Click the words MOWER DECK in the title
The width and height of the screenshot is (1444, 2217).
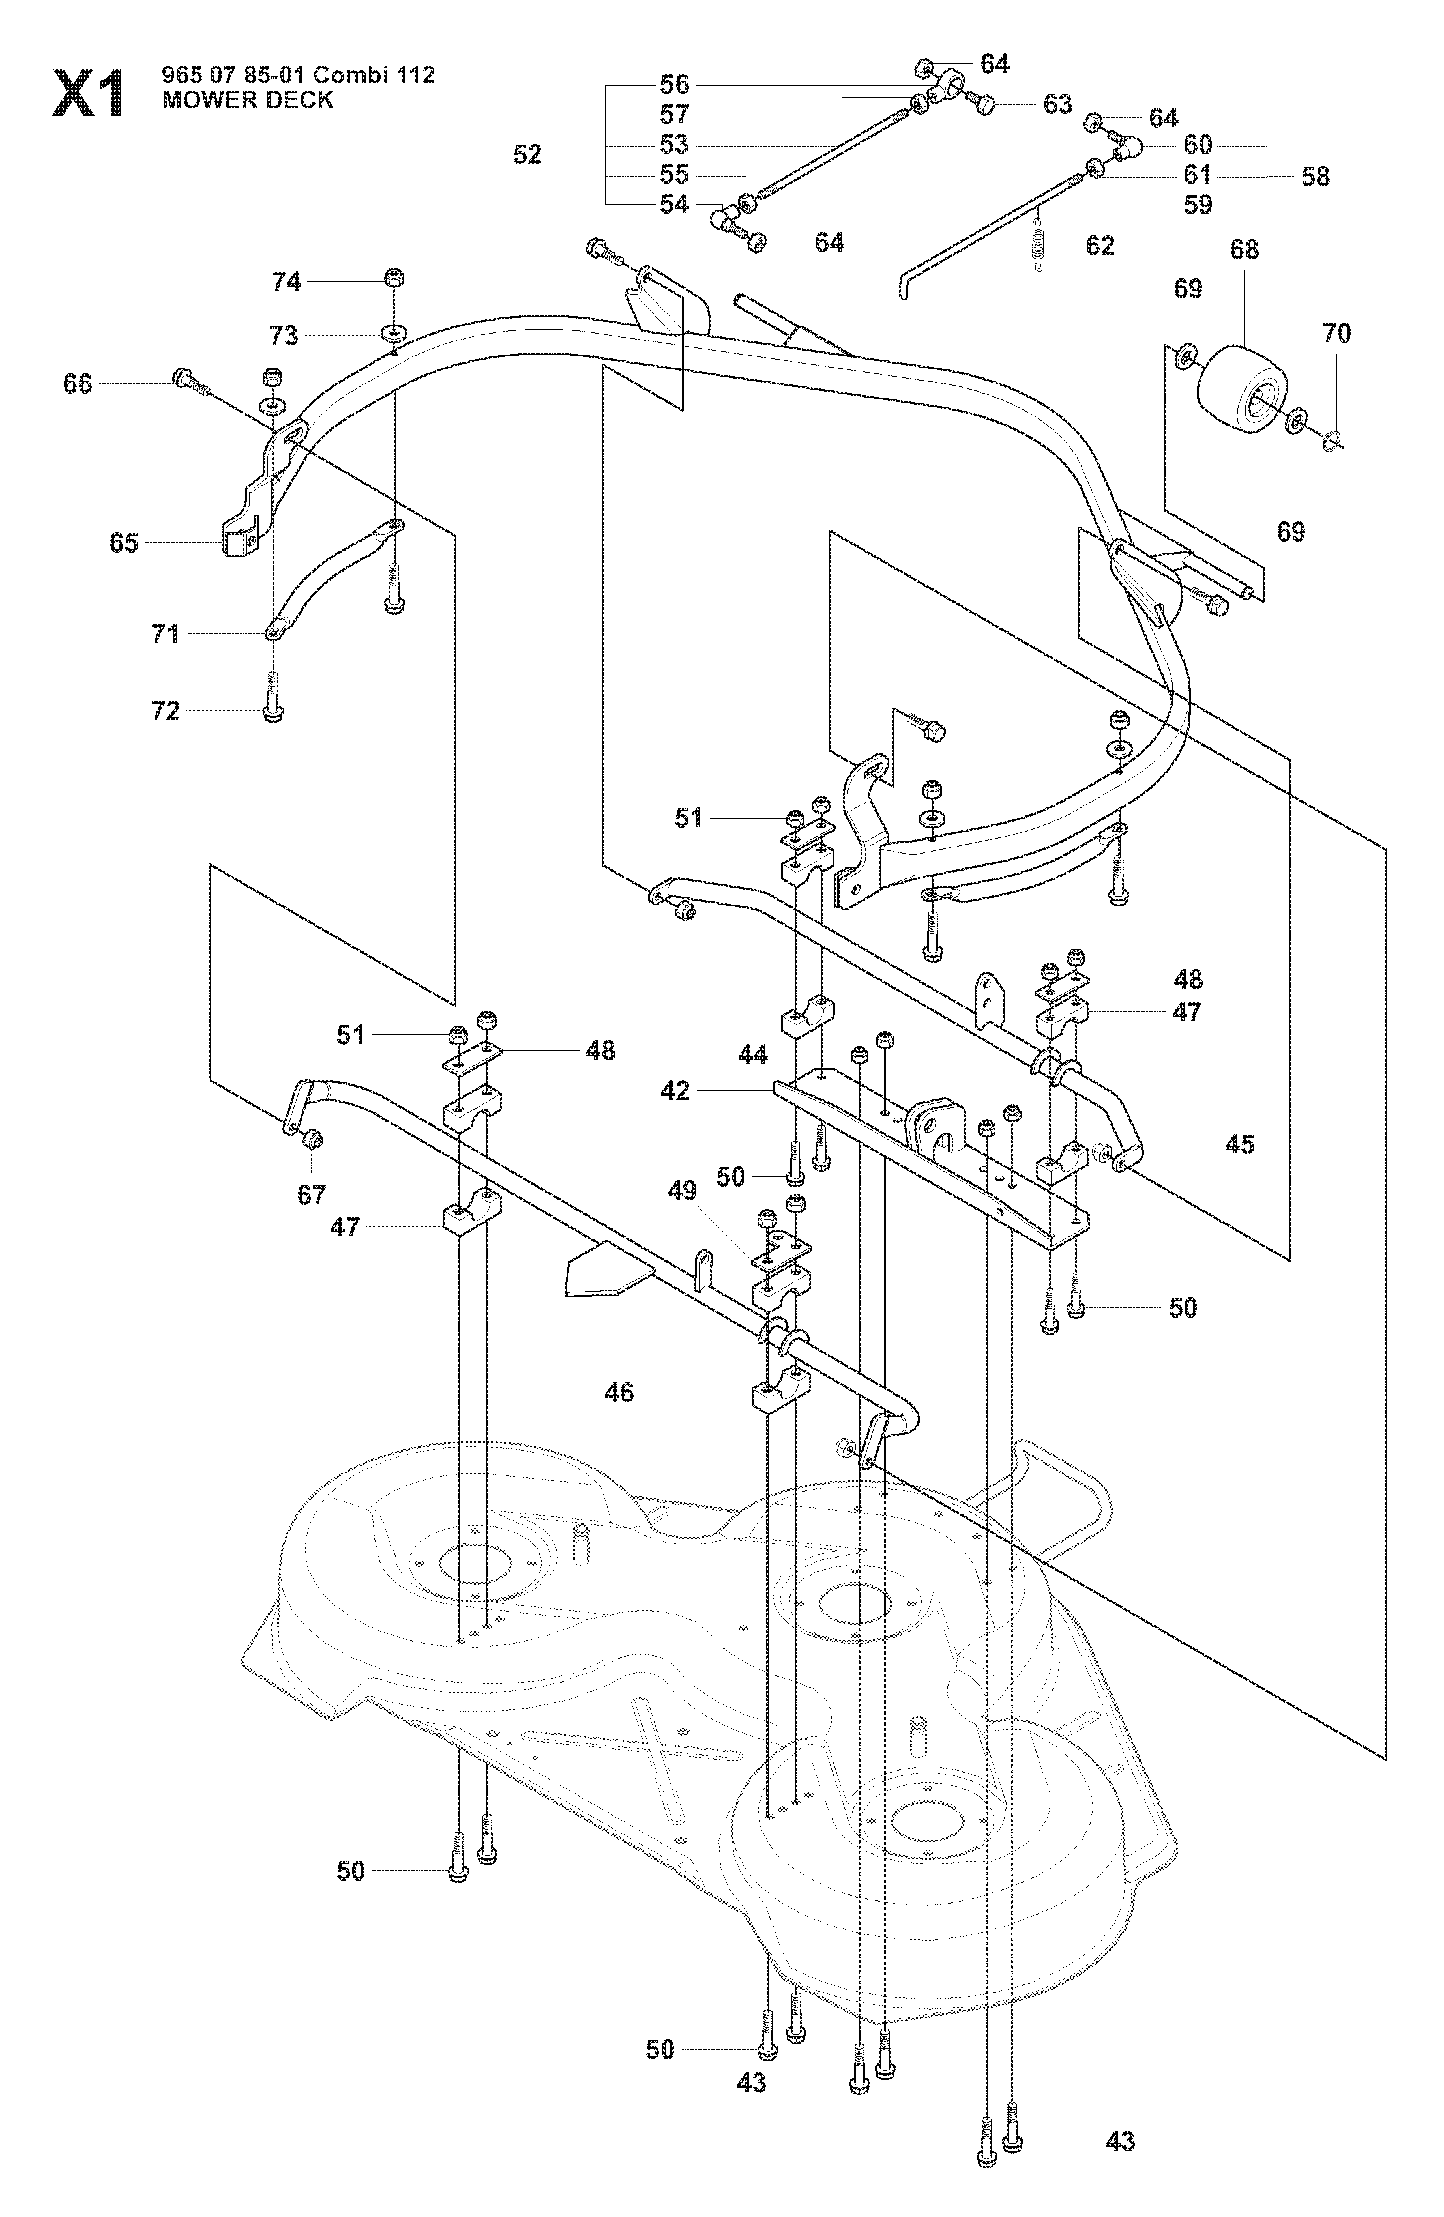pos(248,100)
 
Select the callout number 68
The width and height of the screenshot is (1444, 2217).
pos(1244,250)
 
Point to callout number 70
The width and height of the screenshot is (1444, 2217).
pos(1336,332)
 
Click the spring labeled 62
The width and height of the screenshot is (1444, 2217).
pos(1042,239)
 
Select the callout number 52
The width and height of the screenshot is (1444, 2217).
pos(527,154)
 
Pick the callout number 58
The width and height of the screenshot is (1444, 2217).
pos(1316,176)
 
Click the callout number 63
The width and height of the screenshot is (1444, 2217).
pos(1057,104)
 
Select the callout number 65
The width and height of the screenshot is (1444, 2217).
pos(123,543)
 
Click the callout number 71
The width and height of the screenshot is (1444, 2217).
pos(165,634)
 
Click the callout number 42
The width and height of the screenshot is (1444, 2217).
pos(675,1091)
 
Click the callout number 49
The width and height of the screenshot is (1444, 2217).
pos(683,1191)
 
